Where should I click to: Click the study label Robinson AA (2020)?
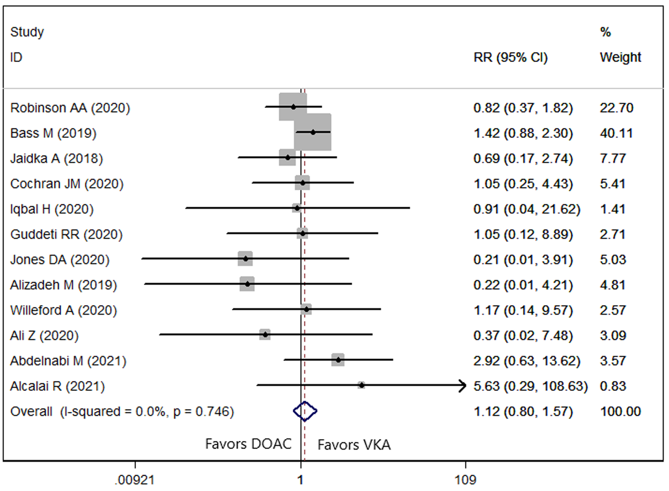(70, 108)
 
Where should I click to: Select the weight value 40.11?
(616, 133)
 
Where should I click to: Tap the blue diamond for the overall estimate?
(305, 411)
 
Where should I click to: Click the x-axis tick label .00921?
(135, 480)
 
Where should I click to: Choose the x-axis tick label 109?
(465, 480)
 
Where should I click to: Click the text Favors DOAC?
(248, 444)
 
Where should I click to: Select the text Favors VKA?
(354, 445)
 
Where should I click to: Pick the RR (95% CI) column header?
(511, 57)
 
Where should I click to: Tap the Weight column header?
(620, 57)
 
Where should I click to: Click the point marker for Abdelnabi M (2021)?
(338, 360)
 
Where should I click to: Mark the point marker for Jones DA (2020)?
(246, 259)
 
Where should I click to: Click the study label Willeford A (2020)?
(64, 310)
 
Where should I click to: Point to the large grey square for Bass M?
(313, 132)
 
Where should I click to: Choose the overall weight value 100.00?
(620, 411)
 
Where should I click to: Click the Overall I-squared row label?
(122, 412)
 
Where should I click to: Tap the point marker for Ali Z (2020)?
(265, 334)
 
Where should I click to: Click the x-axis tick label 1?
(300, 480)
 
